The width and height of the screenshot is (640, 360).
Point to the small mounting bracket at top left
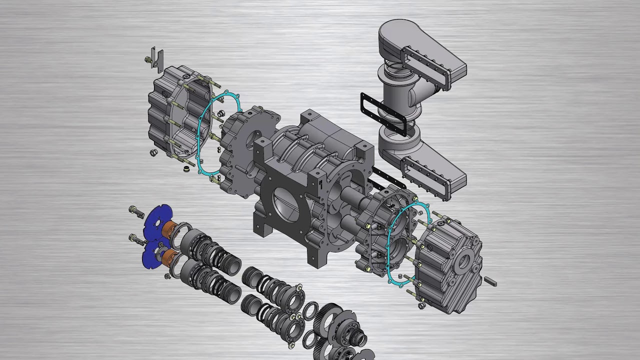158,57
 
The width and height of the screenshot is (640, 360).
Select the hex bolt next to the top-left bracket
148,60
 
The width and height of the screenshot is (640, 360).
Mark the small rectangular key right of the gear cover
489,282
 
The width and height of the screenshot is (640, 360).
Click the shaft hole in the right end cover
463,260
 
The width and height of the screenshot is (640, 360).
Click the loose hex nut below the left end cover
153,152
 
